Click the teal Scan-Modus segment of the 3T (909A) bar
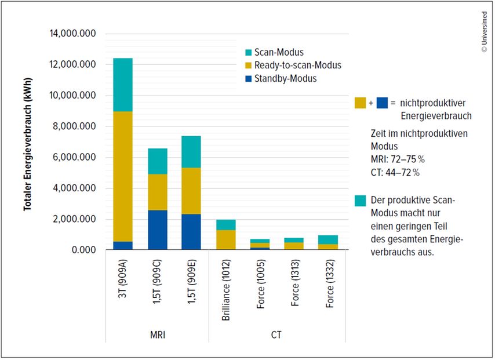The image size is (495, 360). pyautogui.click(x=123, y=85)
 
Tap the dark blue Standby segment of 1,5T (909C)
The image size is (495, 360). pyautogui.click(x=157, y=230)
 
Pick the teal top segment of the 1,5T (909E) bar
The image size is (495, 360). pyautogui.click(x=191, y=152)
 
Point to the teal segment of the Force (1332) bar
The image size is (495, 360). pyautogui.click(x=327, y=240)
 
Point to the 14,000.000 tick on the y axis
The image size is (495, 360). pyautogui.click(x=72, y=34)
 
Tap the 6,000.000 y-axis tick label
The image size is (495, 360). pyautogui.click(x=72, y=158)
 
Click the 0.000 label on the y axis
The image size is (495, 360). pyautogui.click(x=84, y=250)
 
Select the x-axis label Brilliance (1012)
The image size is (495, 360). pyautogui.click(x=227, y=287)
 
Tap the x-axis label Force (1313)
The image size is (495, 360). pyautogui.click(x=294, y=288)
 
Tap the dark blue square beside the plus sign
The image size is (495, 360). pyautogui.click(x=382, y=103)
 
